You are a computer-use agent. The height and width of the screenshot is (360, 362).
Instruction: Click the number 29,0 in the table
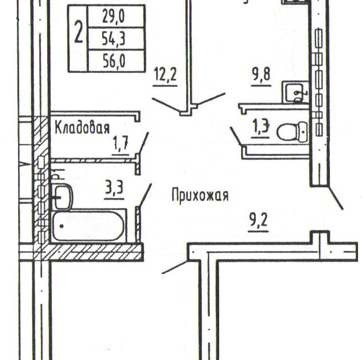tap(114, 17)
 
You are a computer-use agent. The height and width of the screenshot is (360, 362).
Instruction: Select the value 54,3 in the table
tap(114, 39)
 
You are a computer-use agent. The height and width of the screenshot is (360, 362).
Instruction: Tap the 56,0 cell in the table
tap(114, 61)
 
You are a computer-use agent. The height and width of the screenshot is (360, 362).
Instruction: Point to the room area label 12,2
tap(165, 74)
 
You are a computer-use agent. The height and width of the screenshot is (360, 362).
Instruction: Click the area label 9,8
tap(261, 74)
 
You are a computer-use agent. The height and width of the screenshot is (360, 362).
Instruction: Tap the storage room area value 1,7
tap(120, 144)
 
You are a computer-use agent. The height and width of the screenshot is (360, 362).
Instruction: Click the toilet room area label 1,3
tap(261, 126)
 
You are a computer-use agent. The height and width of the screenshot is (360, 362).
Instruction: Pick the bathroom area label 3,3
tap(115, 188)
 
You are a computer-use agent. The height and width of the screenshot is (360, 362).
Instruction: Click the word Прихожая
tap(200, 195)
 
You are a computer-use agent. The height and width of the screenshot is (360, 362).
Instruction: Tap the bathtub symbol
tap(88, 226)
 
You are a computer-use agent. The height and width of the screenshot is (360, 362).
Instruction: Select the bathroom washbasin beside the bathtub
tap(63, 197)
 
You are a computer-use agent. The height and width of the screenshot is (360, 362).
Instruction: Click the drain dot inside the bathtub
tap(61, 226)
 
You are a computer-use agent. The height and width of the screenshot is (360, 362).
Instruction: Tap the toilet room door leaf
tap(236, 136)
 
